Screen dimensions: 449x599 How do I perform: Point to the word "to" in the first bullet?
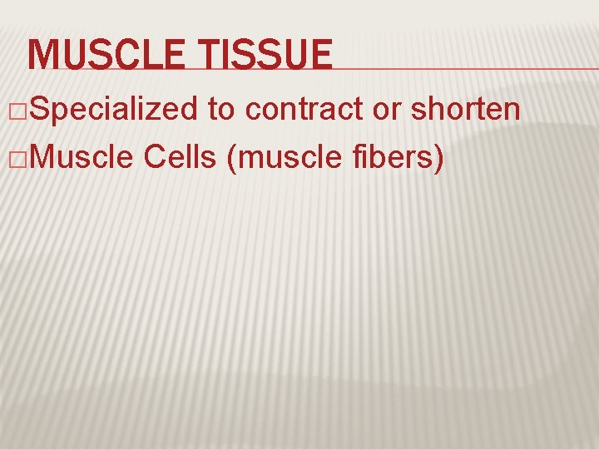223,109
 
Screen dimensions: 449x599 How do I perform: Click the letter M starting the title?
42,55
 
